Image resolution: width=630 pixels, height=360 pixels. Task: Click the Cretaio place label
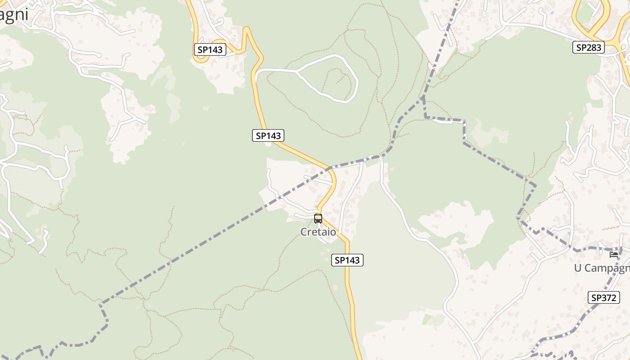318,232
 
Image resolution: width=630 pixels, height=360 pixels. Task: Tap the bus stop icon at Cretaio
318,219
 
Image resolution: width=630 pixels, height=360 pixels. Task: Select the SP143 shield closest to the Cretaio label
347,260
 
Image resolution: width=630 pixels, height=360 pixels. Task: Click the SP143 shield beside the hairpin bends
210,49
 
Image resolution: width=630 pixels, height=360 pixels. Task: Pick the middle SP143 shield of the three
268,135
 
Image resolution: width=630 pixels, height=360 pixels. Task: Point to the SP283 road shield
588,47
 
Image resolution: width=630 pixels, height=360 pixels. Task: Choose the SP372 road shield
603,297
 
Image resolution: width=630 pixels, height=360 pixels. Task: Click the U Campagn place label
602,268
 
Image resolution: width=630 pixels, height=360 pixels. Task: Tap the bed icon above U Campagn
614,255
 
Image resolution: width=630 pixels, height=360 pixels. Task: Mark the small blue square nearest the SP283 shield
552,13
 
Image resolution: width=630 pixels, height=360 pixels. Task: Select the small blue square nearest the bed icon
569,233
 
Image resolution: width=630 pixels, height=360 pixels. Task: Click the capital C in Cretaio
304,232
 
